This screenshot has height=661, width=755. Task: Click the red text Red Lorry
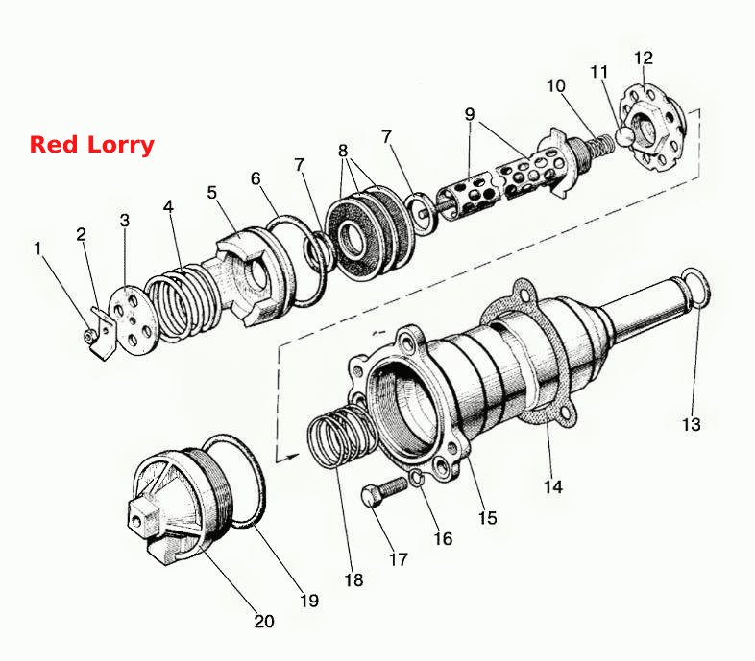[x=92, y=145]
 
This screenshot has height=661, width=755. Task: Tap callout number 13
[x=692, y=424]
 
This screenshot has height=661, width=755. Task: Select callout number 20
[x=264, y=621]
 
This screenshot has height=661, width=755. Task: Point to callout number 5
[x=212, y=193]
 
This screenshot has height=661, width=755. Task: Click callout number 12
[x=644, y=58]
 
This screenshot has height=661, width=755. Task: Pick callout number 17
[x=399, y=559]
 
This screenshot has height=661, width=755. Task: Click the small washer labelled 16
[x=416, y=478]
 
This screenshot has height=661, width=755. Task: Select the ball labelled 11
[x=625, y=136]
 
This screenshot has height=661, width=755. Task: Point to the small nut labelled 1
[x=88, y=337]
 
